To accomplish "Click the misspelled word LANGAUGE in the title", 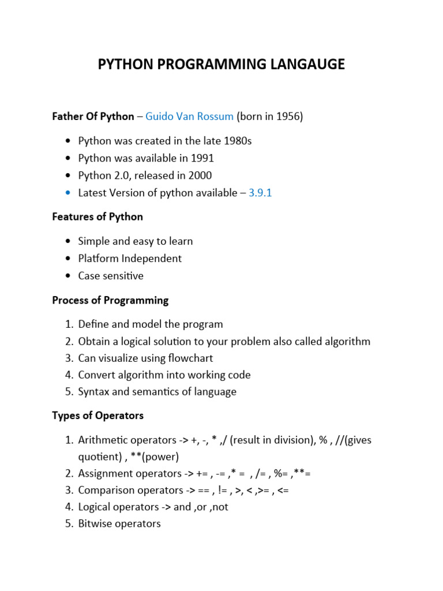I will [305, 65].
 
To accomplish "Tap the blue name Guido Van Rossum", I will [189, 117].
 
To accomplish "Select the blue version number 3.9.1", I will [260, 193].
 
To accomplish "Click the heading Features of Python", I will [97, 217].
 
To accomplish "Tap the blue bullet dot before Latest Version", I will [68, 193].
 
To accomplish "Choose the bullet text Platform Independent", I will [130, 259].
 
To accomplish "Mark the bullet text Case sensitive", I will [111, 276].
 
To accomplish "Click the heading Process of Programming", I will [110, 300].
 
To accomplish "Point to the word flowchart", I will [187, 358].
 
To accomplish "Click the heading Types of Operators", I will [97, 416].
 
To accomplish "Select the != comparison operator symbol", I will [223, 491].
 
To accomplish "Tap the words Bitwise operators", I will [119, 524].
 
